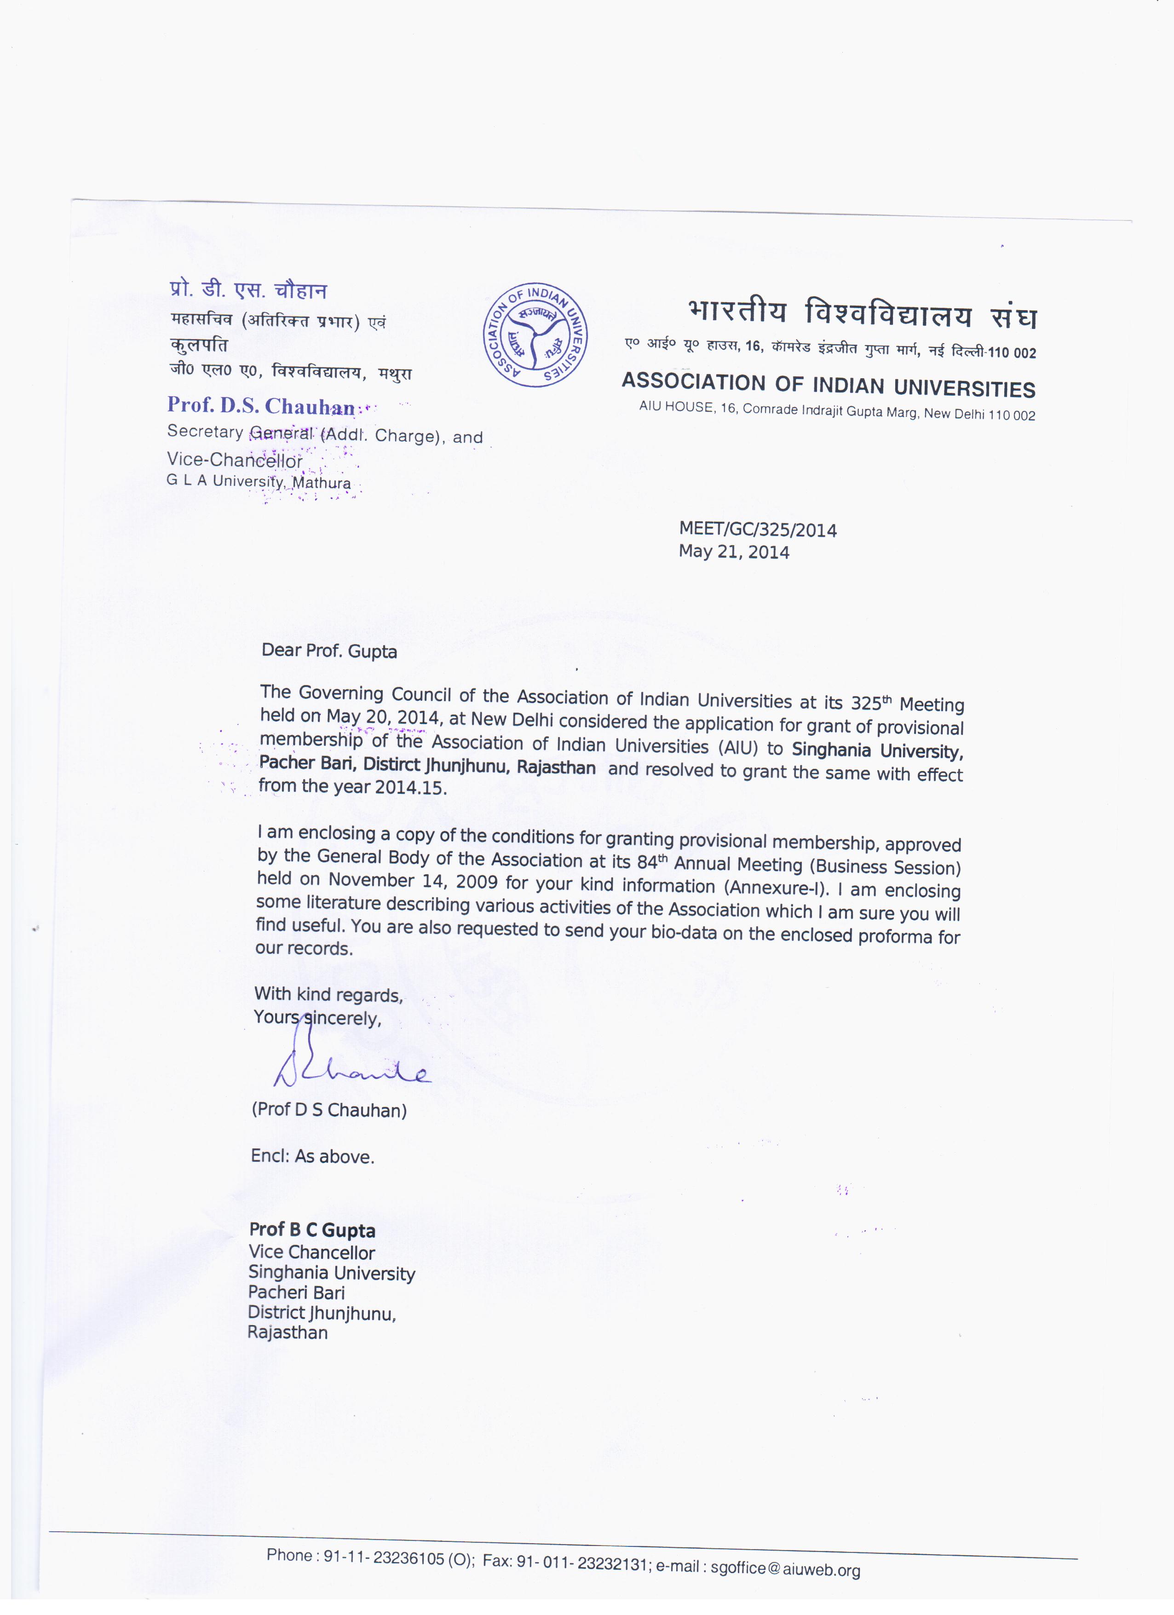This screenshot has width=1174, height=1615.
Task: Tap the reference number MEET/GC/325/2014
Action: click(x=758, y=529)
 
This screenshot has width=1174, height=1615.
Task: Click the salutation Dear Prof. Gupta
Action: click(x=329, y=651)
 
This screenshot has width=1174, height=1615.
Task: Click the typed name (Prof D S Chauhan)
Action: click(x=329, y=1110)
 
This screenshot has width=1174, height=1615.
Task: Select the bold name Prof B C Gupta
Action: click(x=312, y=1230)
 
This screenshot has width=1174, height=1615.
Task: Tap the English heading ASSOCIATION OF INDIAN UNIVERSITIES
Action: click(x=828, y=385)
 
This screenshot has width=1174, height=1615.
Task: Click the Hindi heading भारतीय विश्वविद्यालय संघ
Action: click(x=862, y=314)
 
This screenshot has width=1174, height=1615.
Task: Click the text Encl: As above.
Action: click(x=312, y=1156)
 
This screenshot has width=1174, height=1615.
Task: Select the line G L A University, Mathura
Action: click(x=259, y=481)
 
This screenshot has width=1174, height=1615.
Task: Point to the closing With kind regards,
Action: click(x=328, y=995)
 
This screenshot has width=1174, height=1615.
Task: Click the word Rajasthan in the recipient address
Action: click(x=288, y=1332)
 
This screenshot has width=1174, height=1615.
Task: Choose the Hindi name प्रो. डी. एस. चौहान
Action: click(x=248, y=290)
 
